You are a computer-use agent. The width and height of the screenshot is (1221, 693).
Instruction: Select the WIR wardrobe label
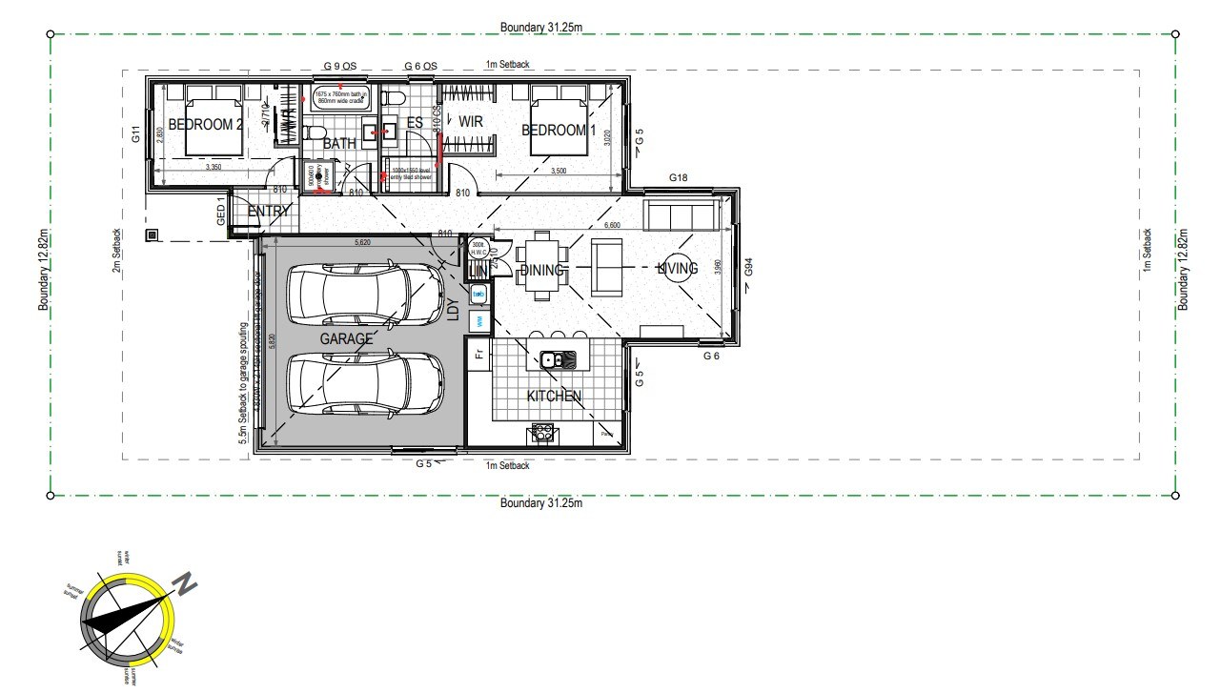click(471, 122)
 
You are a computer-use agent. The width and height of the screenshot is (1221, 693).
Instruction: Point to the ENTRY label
click(268, 212)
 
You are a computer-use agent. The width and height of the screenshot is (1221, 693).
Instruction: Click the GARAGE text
click(346, 338)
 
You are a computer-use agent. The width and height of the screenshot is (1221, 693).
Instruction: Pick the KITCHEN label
click(554, 397)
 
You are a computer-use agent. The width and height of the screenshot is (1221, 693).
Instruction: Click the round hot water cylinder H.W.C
click(478, 249)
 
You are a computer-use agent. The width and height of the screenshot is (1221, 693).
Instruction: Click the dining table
click(541, 268)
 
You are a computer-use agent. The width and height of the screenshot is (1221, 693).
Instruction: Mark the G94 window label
click(749, 268)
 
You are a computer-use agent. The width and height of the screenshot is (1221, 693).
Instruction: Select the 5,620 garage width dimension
click(362, 243)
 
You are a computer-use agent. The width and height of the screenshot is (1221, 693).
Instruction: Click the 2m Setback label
click(117, 251)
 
